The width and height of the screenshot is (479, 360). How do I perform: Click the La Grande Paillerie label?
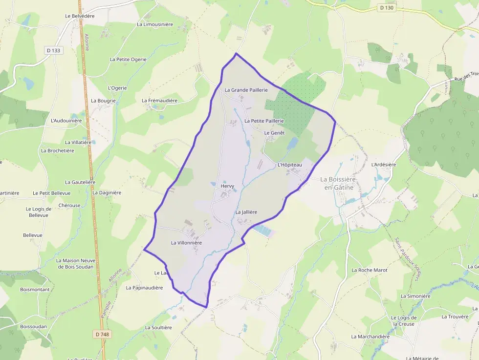tap(246, 90)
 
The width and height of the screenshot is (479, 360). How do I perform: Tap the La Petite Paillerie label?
tap(264, 121)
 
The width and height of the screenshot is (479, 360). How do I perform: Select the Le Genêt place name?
tap(274, 133)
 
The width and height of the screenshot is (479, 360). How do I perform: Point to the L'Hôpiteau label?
tap(290, 165)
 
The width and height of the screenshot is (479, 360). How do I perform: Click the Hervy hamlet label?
tap(228, 186)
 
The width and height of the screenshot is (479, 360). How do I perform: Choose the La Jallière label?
tap(246, 212)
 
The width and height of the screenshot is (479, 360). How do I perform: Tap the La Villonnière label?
tap(186, 243)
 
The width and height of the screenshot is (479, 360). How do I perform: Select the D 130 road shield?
tap(386, 8)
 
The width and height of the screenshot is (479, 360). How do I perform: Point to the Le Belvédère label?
tap(80, 16)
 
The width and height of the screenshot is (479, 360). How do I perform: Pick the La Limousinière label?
tap(155, 24)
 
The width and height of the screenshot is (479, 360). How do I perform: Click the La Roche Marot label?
tap(370, 270)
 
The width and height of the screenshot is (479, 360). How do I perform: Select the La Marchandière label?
tap(370, 337)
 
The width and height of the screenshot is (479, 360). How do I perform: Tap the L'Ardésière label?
tap(384, 165)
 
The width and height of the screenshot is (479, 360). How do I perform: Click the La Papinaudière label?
tap(144, 288)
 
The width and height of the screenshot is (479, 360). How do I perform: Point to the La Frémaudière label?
tap(159, 101)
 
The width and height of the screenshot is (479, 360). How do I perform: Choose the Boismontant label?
tap(35, 290)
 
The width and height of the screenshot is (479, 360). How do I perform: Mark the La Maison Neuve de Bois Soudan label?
tap(76, 264)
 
